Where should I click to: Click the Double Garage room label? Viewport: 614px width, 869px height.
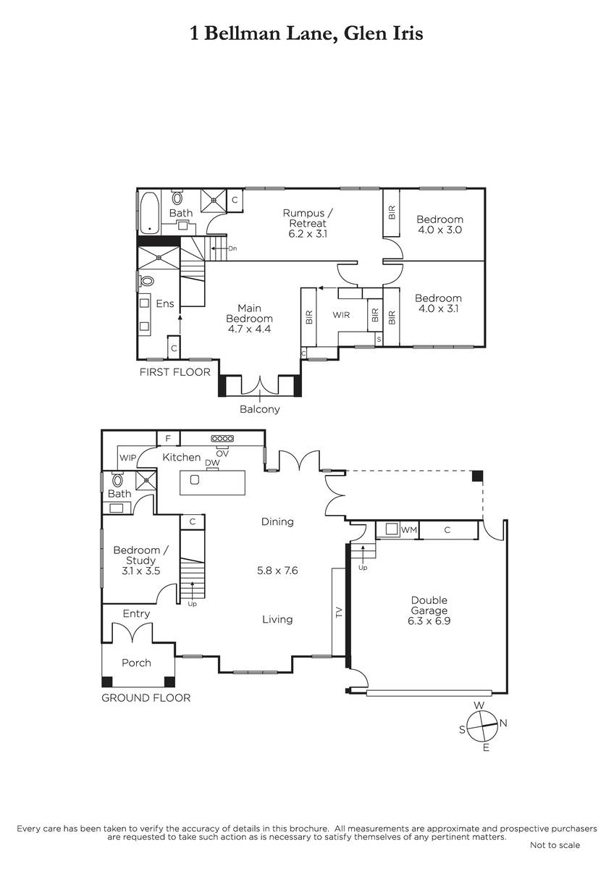429,605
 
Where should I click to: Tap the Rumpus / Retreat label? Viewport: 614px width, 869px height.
308,218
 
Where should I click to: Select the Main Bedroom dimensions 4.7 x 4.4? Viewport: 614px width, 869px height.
249,329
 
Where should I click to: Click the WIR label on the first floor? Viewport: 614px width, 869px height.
341,315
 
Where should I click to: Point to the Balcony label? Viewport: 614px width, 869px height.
259,409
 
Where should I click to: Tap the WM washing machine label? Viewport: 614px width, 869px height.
408,530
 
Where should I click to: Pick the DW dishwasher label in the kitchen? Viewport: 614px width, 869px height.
212,463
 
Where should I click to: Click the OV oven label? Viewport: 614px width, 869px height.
222,453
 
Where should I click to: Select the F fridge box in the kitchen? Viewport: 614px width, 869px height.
168,438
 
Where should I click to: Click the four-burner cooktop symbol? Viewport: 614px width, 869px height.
222,438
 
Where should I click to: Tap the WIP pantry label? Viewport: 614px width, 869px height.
127,458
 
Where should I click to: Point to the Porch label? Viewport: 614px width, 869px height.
136,663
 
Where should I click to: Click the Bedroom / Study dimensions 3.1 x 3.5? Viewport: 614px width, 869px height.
140,571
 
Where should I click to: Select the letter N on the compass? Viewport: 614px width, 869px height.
503,723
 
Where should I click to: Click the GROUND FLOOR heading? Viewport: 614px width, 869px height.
146,698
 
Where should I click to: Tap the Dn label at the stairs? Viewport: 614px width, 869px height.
232,248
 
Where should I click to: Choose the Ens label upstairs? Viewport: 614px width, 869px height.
165,303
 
